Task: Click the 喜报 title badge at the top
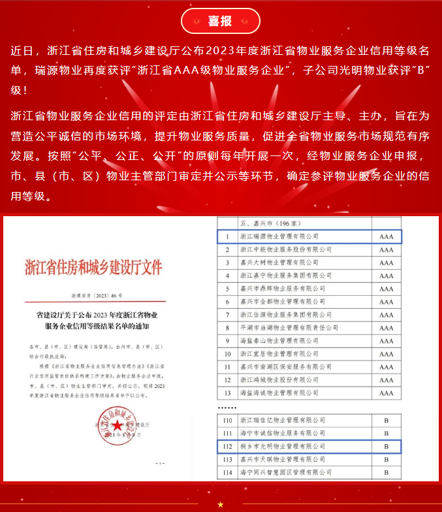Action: (x=221, y=22)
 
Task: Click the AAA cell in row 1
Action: (x=386, y=236)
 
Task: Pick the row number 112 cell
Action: (x=227, y=446)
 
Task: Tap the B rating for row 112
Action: (x=386, y=446)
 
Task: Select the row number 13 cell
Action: (x=227, y=392)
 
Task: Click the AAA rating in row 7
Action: (x=386, y=314)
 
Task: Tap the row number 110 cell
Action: (x=227, y=420)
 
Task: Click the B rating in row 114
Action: (x=386, y=472)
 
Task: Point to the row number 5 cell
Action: (x=227, y=288)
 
